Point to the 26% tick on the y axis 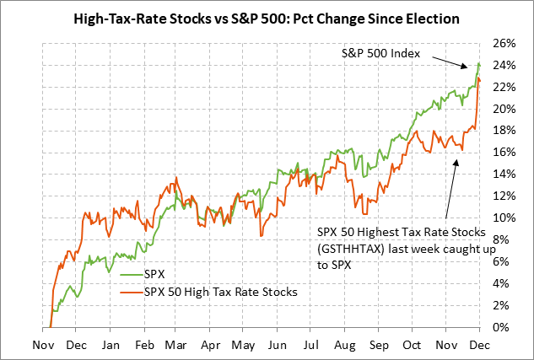click(502, 43)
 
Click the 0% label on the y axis click(505, 327)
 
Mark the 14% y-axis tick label click(502, 175)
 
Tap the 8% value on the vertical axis click(505, 239)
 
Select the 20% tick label click(502, 109)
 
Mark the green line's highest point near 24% click(478, 63)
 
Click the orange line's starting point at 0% click(51, 326)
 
